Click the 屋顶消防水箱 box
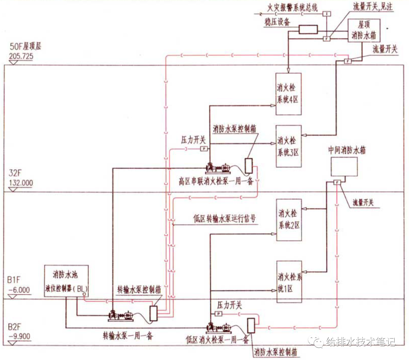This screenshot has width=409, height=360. pos(364,31)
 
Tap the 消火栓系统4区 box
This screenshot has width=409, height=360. pos(288,94)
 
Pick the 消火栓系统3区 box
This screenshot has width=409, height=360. pos(288,146)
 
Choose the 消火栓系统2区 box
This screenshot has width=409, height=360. pos(289,220)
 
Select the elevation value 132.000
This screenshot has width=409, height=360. pos(20,183)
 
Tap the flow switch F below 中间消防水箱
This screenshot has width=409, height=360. pos(337,182)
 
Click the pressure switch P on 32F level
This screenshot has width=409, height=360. pos(203,149)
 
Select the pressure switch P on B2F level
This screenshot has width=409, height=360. pos(218,313)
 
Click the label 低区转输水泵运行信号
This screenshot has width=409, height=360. pos(224,219)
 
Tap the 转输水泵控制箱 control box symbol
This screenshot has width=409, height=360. pos(153,313)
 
